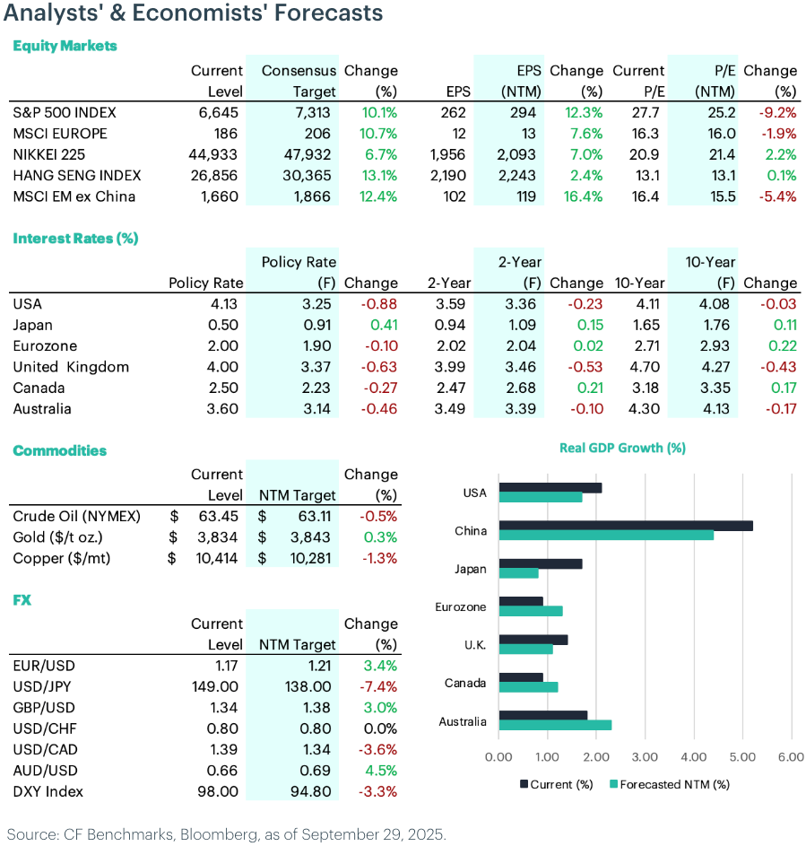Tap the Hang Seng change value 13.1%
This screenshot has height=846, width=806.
379,175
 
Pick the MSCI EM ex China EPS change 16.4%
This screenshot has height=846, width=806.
585,196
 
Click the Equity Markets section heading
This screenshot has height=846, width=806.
65,46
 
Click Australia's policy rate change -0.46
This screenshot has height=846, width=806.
378,408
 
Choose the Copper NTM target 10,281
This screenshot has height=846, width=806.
313,558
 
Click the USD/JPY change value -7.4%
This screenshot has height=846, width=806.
378,687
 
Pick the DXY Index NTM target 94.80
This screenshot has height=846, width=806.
310,791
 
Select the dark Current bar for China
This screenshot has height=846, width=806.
625,526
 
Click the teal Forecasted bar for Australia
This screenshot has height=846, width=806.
555,725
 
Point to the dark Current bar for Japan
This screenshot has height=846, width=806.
541,564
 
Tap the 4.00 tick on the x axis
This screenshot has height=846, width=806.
693,757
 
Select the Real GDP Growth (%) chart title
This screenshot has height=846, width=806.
622,448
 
